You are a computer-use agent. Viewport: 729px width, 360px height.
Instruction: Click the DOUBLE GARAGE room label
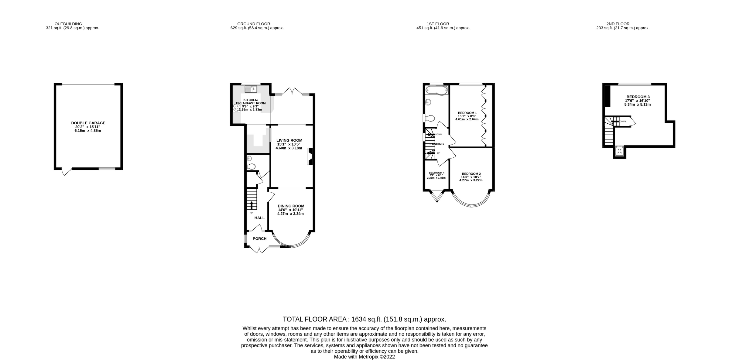pos(88,123)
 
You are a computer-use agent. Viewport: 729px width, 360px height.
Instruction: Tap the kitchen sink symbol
pos(251,89)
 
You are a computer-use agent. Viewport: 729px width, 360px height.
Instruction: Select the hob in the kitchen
pos(236,108)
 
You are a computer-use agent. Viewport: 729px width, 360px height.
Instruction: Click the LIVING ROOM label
pos(289,140)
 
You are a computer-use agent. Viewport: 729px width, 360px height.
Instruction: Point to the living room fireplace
pos(310,156)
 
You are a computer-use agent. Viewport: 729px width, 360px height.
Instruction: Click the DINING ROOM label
pos(291,206)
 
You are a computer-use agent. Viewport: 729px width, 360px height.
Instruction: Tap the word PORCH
pos(259,239)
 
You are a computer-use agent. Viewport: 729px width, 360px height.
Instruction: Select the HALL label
pos(259,218)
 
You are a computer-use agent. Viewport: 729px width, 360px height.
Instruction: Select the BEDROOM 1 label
pos(467,113)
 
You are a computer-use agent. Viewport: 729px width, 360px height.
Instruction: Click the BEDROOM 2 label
pos(471,174)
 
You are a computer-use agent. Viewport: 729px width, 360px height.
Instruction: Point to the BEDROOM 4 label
pos(436,173)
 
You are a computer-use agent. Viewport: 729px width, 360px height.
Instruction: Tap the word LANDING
pos(436,144)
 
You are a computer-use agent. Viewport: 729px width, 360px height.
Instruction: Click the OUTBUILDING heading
pos(68,24)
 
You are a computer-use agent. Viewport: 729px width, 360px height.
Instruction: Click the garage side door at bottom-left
pos(66,172)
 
